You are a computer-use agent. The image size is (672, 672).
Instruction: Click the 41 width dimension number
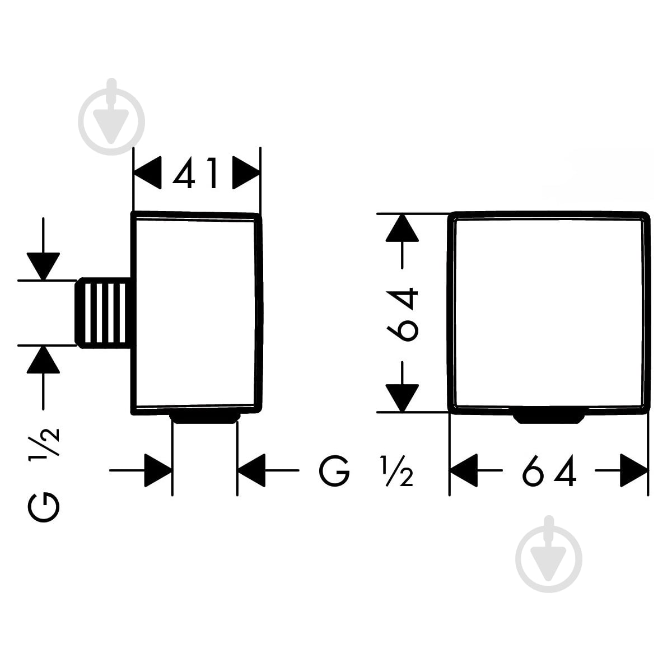click(195, 173)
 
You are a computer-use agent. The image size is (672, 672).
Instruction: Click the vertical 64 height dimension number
click(403, 314)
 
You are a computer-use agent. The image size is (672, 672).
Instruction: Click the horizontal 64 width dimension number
click(549, 471)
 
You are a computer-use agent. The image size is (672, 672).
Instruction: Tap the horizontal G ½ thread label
click(366, 471)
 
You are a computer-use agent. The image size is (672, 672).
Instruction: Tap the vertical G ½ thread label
click(44, 475)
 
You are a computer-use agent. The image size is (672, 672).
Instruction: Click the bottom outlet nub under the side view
click(205, 419)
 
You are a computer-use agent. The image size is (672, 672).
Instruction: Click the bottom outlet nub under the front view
click(549, 419)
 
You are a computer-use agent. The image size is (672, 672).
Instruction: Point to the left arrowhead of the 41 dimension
click(147, 172)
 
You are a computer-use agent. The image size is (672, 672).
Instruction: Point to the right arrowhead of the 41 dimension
click(246, 172)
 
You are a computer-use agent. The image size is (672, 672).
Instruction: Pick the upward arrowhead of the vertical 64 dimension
click(402, 228)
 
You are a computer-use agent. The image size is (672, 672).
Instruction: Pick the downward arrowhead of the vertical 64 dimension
click(402, 398)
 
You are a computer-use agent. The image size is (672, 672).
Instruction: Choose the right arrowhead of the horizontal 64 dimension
click(634, 470)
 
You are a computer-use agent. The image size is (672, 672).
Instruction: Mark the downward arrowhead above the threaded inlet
click(43, 267)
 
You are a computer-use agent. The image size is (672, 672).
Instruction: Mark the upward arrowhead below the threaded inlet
click(43, 360)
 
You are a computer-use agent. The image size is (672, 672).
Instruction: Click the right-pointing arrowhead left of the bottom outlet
click(158, 470)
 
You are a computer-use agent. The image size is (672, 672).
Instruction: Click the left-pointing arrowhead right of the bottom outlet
click(251, 470)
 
